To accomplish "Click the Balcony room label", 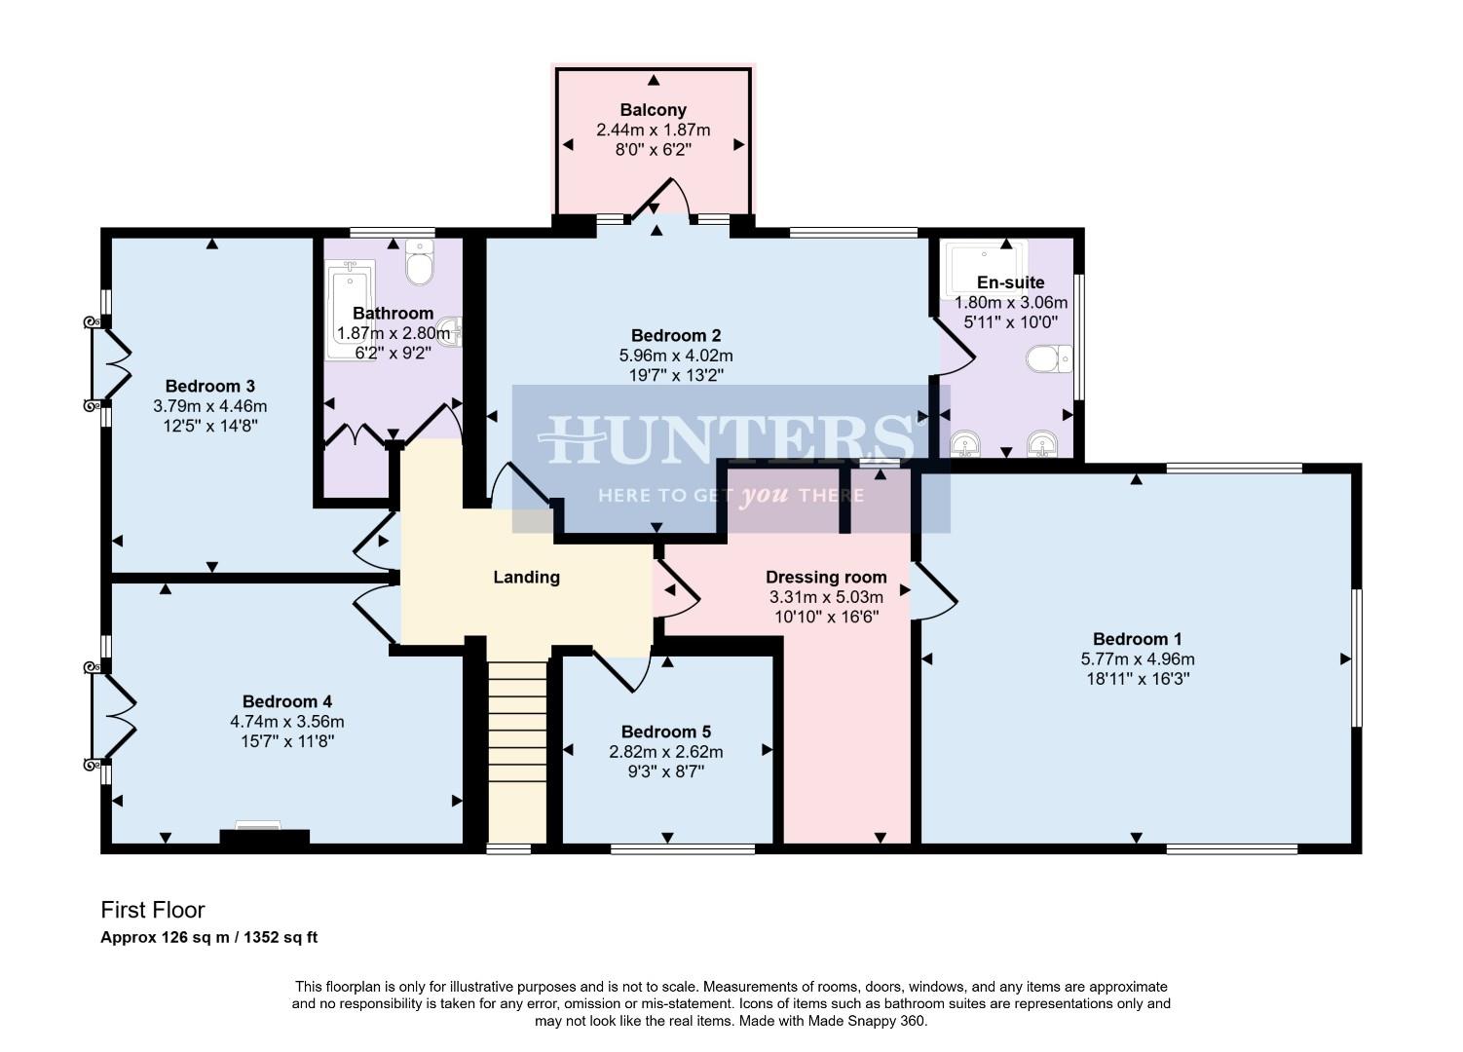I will click(x=653, y=110).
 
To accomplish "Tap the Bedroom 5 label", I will click(x=666, y=732).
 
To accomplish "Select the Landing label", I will click(x=526, y=577).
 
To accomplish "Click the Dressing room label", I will click(x=826, y=577).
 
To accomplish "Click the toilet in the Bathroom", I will click(x=420, y=262).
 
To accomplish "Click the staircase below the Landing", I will click(x=516, y=750).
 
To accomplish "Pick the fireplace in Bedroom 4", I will click(x=264, y=835).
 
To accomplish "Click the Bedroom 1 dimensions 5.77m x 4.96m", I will click(x=1137, y=658).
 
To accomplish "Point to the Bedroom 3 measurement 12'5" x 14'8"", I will click(x=209, y=426).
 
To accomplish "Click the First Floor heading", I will click(x=153, y=910).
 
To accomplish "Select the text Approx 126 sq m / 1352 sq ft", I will click(x=209, y=938).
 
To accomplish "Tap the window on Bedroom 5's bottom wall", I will click(x=682, y=849).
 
